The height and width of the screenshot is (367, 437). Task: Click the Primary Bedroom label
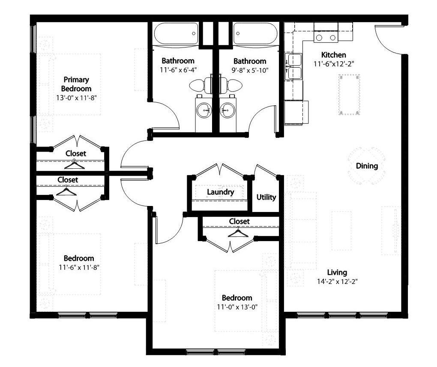coord(76,84)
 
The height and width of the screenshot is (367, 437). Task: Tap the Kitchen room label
coord(333,55)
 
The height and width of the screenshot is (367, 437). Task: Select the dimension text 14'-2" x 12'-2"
coord(337,282)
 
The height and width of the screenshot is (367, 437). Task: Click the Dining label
coord(367,166)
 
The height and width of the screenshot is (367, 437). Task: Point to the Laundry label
coord(220,192)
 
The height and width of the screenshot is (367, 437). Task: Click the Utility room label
coord(266,197)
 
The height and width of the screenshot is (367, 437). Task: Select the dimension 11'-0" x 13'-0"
coord(236,307)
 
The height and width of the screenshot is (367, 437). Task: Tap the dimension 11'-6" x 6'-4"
coord(178,69)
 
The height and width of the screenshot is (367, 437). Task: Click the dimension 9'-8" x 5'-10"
coord(249,70)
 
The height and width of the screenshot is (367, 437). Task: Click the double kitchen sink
coord(294,66)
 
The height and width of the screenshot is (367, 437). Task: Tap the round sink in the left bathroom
coord(203,111)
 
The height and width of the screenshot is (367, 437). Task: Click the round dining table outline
coord(367,166)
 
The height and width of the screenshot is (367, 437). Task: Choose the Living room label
coord(337,272)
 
